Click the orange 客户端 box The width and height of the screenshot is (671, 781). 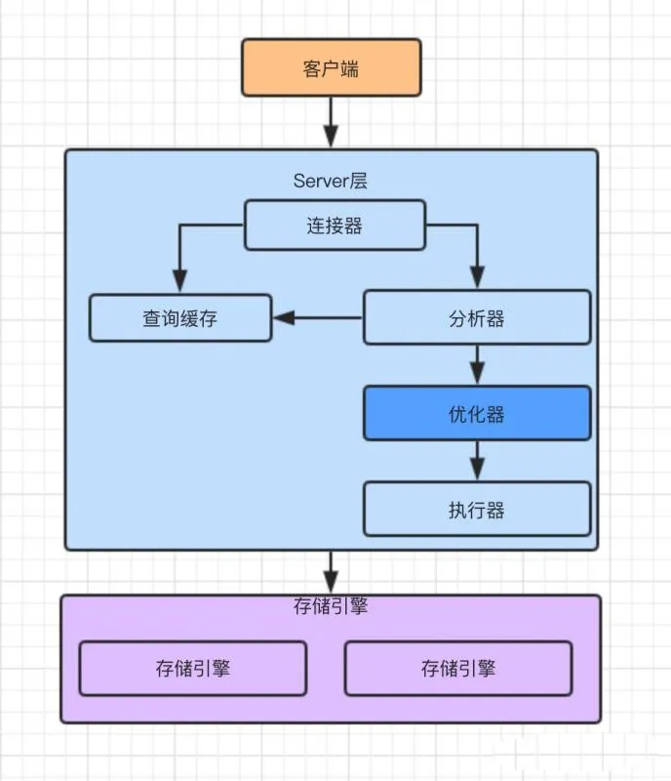[x=331, y=67]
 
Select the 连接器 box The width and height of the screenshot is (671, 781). [x=334, y=225]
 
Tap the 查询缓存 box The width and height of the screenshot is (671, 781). [x=180, y=317]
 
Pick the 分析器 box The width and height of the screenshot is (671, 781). [x=477, y=317]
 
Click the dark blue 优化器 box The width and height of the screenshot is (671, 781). [x=477, y=413]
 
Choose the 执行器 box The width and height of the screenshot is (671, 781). [x=477, y=509]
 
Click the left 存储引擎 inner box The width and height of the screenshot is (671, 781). [x=192, y=668]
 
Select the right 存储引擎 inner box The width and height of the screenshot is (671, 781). [x=458, y=668]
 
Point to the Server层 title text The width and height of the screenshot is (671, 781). [x=331, y=181]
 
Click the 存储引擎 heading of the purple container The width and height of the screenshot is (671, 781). [x=331, y=606]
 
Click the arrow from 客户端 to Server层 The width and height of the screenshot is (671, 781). [x=331, y=121]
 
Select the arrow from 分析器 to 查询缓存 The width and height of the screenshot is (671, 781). [x=318, y=317]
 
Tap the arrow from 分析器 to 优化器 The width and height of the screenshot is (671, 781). [x=477, y=364]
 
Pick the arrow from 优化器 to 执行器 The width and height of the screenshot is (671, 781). [x=477, y=460]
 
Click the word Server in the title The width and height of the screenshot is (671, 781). [x=318, y=181]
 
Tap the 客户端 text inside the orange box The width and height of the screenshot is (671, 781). [x=331, y=68]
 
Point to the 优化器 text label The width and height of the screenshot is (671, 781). [x=477, y=414]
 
